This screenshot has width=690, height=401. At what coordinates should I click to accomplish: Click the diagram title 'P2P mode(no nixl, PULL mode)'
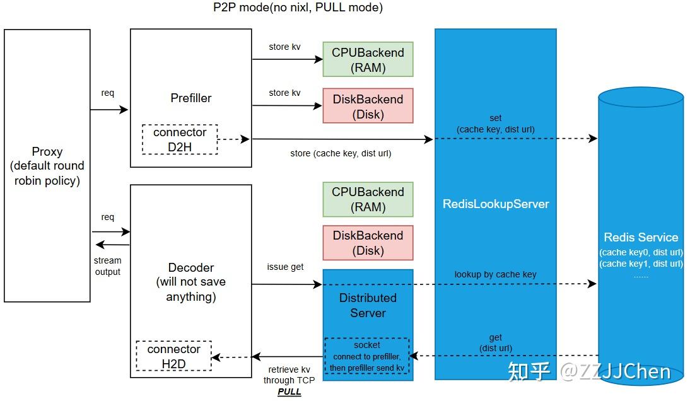(298, 8)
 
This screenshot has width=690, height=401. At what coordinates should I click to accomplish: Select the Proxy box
(47, 165)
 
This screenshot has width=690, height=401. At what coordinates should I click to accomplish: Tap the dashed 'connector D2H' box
(180, 140)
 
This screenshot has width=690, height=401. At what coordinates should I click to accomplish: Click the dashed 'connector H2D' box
(173, 356)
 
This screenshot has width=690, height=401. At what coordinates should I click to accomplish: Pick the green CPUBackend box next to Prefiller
(368, 60)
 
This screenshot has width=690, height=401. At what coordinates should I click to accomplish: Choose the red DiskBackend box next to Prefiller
(368, 106)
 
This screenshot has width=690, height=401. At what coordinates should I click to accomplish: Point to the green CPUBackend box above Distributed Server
(368, 199)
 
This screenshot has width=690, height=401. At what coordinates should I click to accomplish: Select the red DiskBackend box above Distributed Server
(368, 243)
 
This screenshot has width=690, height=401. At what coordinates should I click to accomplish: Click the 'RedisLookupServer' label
(496, 204)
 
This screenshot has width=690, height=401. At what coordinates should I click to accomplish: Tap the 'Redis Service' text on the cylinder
(641, 237)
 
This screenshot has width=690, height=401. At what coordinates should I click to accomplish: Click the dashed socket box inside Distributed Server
(367, 356)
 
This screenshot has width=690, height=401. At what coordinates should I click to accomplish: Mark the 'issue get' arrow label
(285, 267)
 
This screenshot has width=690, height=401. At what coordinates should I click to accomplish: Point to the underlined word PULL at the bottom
(289, 392)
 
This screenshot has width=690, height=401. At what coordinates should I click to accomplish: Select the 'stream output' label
(108, 266)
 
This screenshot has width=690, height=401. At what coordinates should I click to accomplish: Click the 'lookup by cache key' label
(496, 274)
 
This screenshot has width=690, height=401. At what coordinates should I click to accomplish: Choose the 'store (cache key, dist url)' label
(340, 153)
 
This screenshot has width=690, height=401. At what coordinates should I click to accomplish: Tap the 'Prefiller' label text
(191, 98)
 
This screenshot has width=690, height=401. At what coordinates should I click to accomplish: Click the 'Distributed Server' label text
(368, 305)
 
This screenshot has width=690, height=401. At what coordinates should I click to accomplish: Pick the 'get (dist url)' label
(496, 343)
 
